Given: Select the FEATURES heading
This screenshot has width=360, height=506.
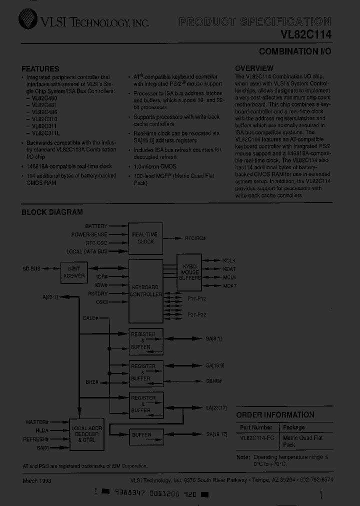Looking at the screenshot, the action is click(x=40, y=68).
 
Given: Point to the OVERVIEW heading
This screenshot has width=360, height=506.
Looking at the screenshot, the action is click(x=254, y=68).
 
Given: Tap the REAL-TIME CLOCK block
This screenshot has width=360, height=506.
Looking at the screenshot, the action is click(x=146, y=237).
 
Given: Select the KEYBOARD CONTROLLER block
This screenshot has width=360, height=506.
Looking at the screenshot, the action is click(x=145, y=291).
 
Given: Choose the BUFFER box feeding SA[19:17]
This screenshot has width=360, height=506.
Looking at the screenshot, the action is click(x=141, y=435).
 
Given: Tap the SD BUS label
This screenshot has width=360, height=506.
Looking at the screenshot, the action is click(x=31, y=269).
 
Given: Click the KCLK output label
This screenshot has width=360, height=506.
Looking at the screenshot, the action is click(x=229, y=261).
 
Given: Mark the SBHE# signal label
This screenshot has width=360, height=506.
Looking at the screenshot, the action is click(x=214, y=381).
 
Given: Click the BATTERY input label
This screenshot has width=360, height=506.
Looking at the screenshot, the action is click(x=96, y=226).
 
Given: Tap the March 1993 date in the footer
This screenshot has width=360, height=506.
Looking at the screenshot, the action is click(x=37, y=480).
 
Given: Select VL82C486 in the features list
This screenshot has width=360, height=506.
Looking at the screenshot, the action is click(x=44, y=112).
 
